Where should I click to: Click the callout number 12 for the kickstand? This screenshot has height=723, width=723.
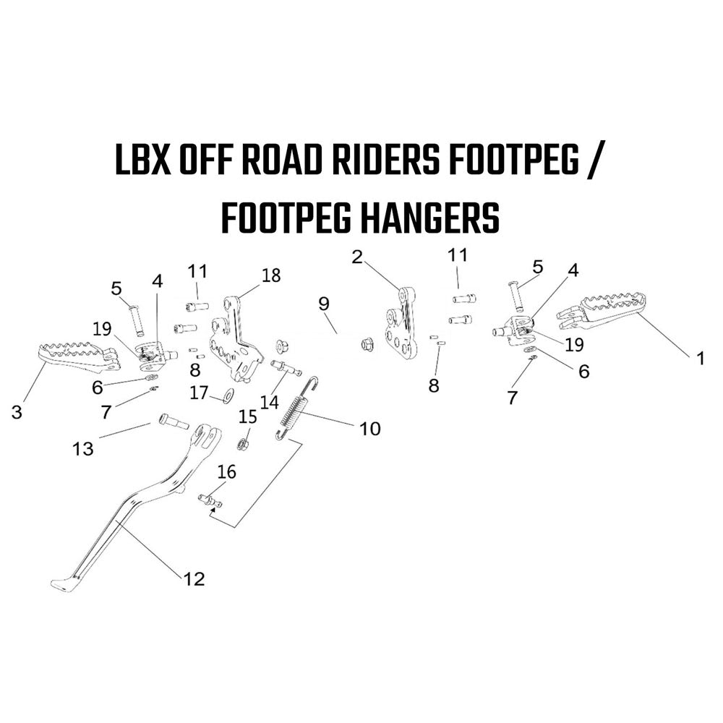pyautogui.click(x=194, y=578)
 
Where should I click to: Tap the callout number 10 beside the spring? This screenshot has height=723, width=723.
pyautogui.click(x=369, y=428)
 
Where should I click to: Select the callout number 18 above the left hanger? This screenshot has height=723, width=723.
pyautogui.click(x=270, y=275)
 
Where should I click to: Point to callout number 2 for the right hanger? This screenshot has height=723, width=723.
pyautogui.click(x=357, y=257)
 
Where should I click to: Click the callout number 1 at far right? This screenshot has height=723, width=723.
pyautogui.click(x=701, y=358)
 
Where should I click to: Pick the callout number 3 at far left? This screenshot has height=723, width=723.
pyautogui.click(x=17, y=412)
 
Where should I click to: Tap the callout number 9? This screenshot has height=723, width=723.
pyautogui.click(x=324, y=304)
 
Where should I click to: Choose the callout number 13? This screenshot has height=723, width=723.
pyautogui.click(x=83, y=448)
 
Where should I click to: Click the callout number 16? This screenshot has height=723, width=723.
pyautogui.click(x=226, y=471)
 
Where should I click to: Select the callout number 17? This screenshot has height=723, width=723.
pyautogui.click(x=200, y=393)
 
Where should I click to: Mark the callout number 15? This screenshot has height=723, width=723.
pyautogui.click(x=247, y=417)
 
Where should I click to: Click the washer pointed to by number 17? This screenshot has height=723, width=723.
pyautogui.click(x=228, y=395)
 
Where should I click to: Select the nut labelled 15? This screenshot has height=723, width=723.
pyautogui.click(x=242, y=445)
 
